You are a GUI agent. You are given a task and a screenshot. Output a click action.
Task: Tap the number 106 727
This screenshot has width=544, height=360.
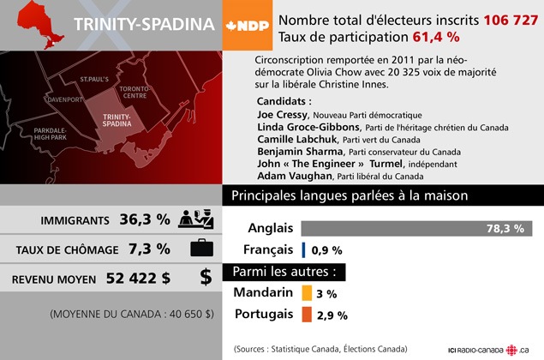click(511, 19)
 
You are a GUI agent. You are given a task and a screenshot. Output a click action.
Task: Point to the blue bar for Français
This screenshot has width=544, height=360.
click(304, 250)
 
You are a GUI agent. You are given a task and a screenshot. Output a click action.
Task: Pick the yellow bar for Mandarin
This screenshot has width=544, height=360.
click(306, 292)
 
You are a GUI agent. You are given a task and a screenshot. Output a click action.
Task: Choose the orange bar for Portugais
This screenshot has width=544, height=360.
click(306, 314)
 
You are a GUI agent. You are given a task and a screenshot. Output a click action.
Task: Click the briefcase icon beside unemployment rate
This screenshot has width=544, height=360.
click(201, 249)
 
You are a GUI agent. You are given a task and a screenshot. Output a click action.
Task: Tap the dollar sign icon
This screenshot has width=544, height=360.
click(206, 277)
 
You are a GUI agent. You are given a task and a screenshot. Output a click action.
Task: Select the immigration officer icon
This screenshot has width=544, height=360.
click(196, 219)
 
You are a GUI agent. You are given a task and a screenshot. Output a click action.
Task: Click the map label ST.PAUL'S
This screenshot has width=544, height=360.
click(94, 79)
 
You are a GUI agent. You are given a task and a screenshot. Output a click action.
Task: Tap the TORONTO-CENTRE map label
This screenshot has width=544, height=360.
click(135, 93)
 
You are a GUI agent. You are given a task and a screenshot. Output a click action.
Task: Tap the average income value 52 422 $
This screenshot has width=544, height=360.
click(138, 278)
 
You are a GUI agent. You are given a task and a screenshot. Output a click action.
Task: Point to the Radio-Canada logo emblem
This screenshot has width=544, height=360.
click(512, 350)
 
